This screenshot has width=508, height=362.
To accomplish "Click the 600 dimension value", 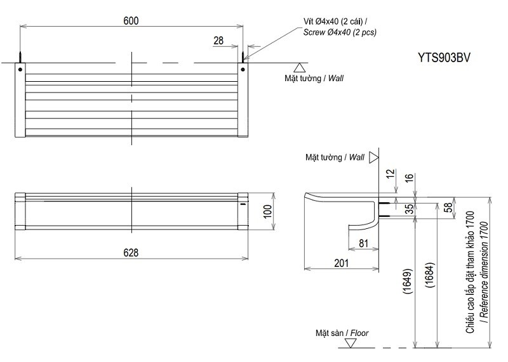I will pyautogui.click(x=131, y=20).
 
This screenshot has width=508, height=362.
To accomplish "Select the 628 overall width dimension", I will pyautogui.click(x=131, y=252).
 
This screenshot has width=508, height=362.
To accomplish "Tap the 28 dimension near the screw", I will pyautogui.click(x=218, y=41).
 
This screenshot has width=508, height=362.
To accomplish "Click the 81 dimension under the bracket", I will pyautogui.click(x=364, y=242).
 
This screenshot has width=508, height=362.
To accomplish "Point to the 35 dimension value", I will pyautogui.click(x=408, y=207).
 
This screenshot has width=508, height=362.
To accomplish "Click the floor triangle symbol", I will pyautogui.click(x=350, y=344).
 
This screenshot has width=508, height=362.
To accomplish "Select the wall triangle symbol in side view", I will pyautogui.click(x=374, y=156).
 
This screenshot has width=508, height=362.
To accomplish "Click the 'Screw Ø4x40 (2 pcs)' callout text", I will pyautogui.click(x=340, y=32).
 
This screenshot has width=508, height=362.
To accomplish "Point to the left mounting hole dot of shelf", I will pyautogui.click(x=20, y=68).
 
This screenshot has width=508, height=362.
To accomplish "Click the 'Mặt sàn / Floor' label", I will pyautogui.click(x=342, y=332).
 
